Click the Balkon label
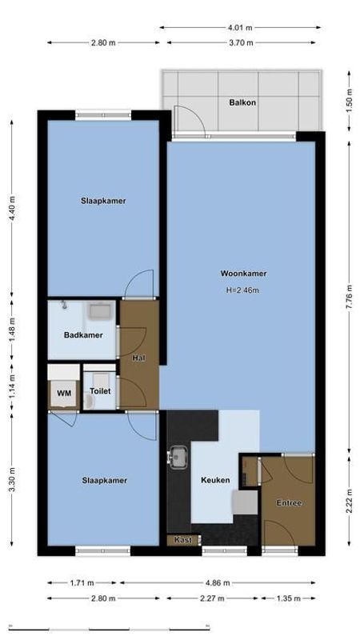[x=242, y=102]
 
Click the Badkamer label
[x=83, y=335]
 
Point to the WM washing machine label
[x=62, y=393]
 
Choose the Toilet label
[x=100, y=392]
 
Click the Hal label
[x=138, y=358]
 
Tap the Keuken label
[x=216, y=480]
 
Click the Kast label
[x=183, y=540]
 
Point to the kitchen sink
[x=178, y=458]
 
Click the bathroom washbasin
[x=101, y=310]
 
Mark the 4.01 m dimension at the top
[x=241, y=27]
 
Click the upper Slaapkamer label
[x=103, y=201]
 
